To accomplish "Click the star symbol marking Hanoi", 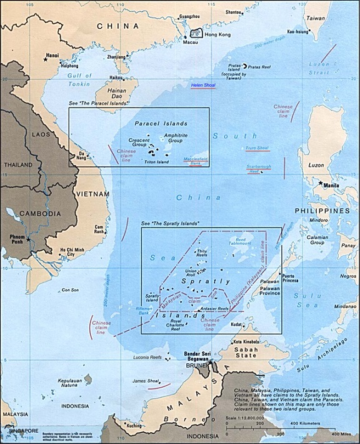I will click(x=46, y=59).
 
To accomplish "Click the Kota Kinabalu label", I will click(x=246, y=341).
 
